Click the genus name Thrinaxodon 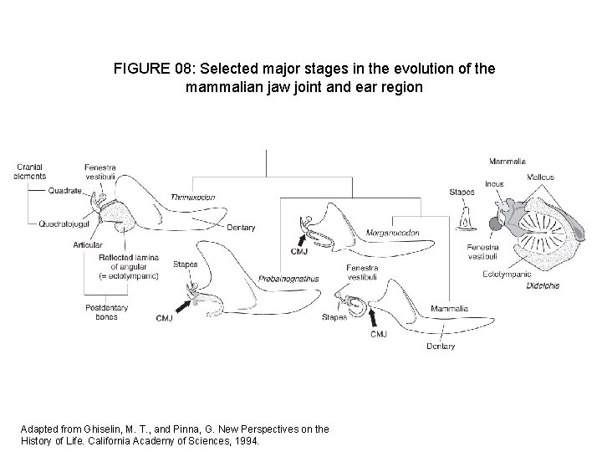(190, 197)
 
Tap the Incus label (493, 183)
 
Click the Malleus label (541, 177)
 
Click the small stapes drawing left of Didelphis (463, 219)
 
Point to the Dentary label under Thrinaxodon (242, 228)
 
